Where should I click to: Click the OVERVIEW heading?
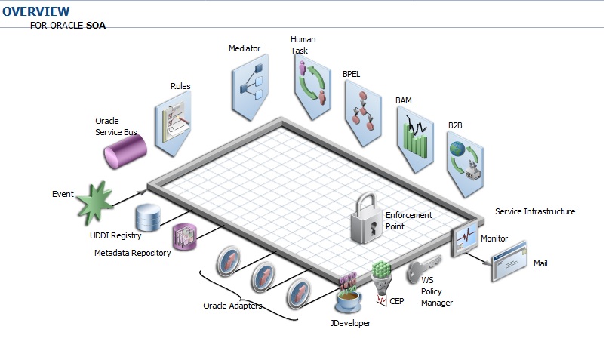pyautogui.click(x=36, y=11)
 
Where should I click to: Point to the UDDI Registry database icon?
pyautogui.click(x=148, y=218)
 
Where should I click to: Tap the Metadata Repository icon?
pyautogui.click(x=183, y=237)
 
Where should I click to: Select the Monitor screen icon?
pyautogui.click(x=463, y=242)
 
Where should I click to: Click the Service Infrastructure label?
pyautogui.click(x=534, y=212)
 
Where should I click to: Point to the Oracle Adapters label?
pyautogui.click(x=232, y=306)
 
